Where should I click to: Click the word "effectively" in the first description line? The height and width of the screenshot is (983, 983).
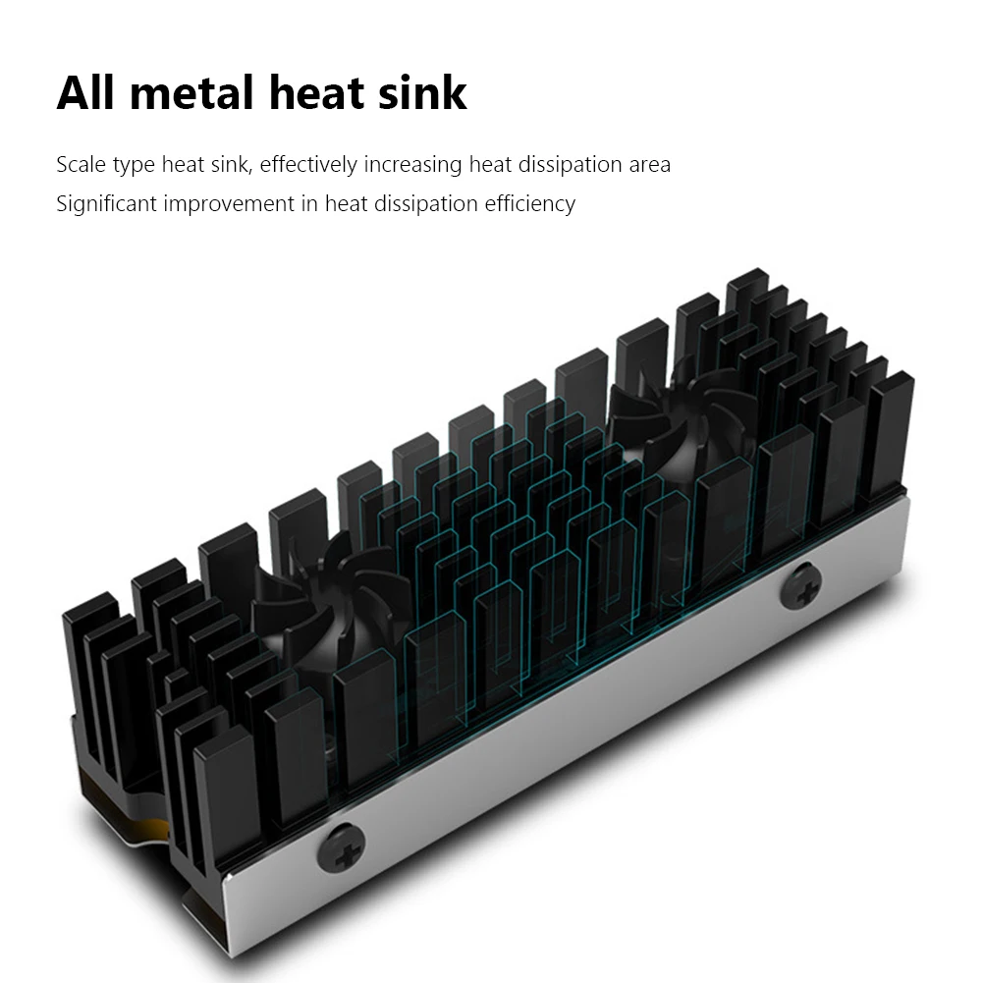coord(307,164)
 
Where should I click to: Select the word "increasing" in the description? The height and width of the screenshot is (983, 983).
coord(413,164)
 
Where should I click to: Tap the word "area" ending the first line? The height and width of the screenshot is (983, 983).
coord(649,164)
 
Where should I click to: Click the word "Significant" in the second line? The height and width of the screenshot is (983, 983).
coord(106,204)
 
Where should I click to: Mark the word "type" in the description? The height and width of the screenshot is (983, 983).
coord(135,164)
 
